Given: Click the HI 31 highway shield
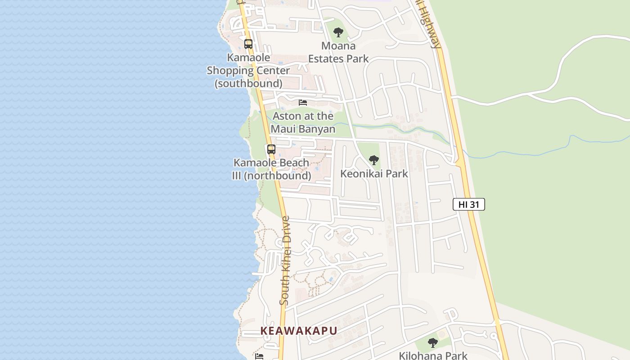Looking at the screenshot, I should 468,204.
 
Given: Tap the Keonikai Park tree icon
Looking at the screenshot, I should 373,160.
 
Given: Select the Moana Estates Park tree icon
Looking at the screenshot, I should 338,32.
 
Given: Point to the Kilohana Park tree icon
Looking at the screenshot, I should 433,343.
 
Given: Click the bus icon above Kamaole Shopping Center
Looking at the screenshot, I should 248,44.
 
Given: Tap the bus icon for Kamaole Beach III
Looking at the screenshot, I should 271,149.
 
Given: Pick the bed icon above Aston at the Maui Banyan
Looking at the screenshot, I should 303,103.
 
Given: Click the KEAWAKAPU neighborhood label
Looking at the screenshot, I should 299,331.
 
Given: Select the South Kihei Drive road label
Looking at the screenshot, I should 286,261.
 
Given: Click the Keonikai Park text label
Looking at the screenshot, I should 374,174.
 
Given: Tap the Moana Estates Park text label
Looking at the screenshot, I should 338,52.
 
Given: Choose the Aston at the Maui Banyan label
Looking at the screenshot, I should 303,122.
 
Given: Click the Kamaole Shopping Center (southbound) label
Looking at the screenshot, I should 248,71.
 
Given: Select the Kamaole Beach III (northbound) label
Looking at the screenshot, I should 271,169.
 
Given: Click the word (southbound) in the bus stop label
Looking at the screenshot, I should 248,84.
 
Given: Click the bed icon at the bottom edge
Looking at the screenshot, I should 259,356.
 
